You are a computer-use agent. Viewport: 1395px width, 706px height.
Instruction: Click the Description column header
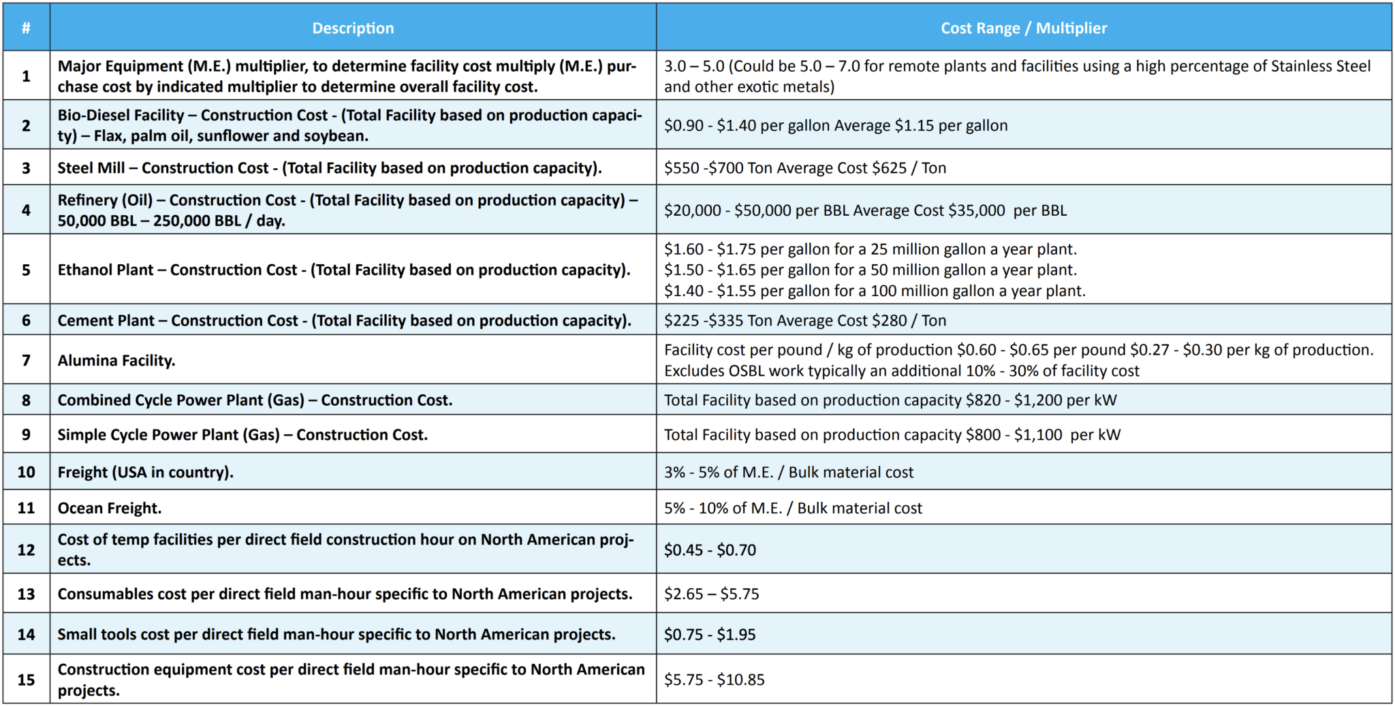[353, 28]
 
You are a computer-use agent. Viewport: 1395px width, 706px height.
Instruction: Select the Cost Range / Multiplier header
[1023, 28]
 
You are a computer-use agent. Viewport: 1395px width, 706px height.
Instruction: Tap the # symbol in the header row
[26, 28]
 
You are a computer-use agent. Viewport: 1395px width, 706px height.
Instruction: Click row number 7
[26, 360]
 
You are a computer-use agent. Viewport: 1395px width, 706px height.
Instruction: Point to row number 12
[26, 549]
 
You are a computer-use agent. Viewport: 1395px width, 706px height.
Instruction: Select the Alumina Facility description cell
[116, 360]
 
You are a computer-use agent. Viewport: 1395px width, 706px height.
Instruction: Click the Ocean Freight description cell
[110, 508]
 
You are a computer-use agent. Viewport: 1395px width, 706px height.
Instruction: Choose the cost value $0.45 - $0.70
[710, 549]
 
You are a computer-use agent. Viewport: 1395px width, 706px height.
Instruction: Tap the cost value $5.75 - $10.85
[714, 679]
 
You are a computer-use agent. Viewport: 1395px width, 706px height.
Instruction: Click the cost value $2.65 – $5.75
[711, 594]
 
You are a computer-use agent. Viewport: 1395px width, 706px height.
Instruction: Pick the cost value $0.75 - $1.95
[710, 634]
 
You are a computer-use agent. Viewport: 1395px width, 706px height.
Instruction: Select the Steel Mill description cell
[330, 167]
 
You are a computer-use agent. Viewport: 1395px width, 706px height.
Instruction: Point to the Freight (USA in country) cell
[145, 472]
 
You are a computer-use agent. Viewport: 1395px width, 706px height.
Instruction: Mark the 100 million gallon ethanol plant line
[875, 291]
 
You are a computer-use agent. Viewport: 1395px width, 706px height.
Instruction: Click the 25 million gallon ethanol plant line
[871, 249]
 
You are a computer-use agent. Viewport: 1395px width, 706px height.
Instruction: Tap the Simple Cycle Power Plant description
[242, 434]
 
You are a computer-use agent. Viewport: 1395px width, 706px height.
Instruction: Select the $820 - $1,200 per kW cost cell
[890, 400]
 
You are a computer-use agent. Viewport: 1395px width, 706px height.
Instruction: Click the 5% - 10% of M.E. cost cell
[793, 508]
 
